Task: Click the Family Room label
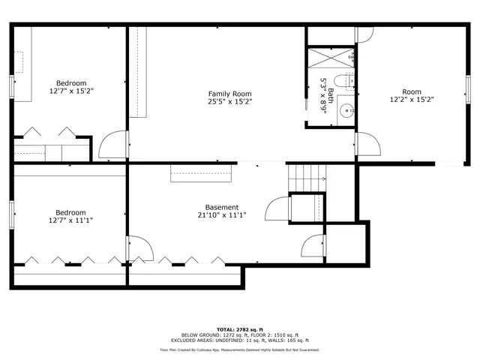tap(229, 93)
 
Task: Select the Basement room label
tap(222, 207)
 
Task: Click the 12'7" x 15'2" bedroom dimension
tap(71, 91)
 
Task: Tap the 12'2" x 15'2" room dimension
tap(412, 99)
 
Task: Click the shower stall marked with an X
tap(329, 57)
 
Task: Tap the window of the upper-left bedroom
tap(11, 86)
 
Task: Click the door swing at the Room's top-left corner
tap(363, 34)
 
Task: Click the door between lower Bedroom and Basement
tap(139, 249)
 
